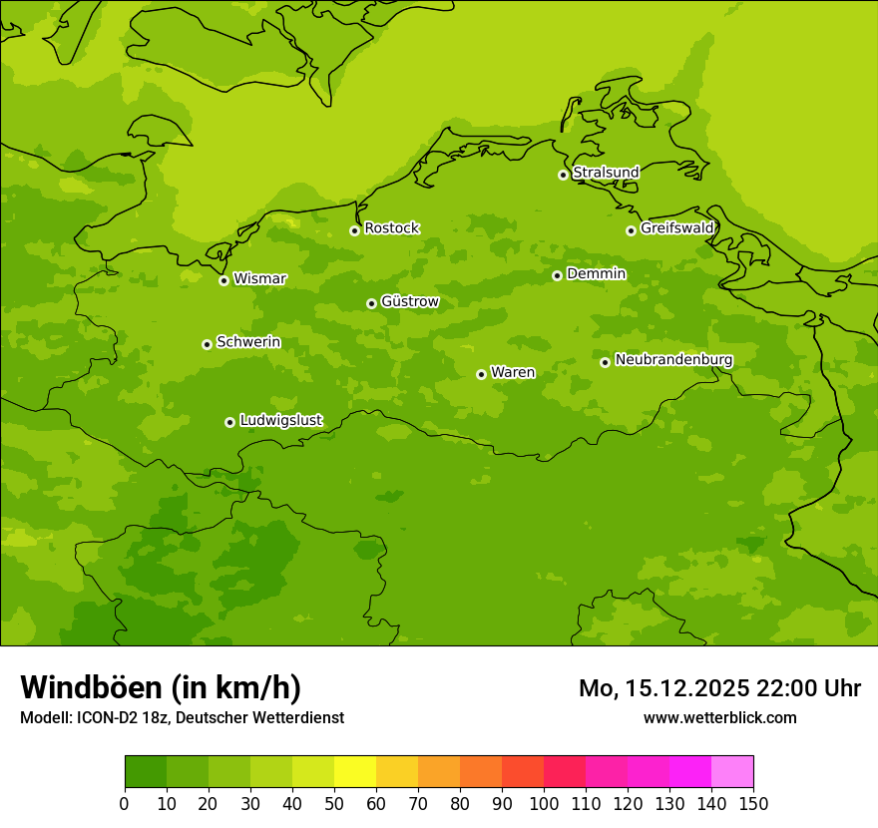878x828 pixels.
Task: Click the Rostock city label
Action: point(391,228)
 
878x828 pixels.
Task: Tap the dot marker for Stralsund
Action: point(563,175)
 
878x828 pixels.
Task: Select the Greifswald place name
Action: point(676,228)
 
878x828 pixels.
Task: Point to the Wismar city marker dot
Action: point(223,280)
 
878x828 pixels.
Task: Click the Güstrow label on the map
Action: point(409,301)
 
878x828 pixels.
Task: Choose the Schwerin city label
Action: point(248,342)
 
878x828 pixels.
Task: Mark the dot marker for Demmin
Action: point(557,275)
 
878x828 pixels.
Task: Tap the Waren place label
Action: point(513,372)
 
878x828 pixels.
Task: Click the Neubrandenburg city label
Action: point(673,360)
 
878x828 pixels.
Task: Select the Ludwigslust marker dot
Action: point(229,422)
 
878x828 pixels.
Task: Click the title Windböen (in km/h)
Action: point(161,687)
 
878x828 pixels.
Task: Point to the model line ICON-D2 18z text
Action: point(182,718)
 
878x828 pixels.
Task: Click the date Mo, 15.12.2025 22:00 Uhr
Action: point(719,688)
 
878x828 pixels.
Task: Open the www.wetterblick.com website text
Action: point(719,718)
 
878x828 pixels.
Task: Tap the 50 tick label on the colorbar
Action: point(333,803)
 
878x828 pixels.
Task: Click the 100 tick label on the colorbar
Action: point(544,803)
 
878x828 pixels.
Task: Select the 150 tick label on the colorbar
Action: point(753,803)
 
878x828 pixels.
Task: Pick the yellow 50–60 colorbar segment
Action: point(355,772)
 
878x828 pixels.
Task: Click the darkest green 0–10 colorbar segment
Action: point(146,772)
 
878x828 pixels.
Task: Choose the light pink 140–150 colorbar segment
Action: point(732,772)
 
